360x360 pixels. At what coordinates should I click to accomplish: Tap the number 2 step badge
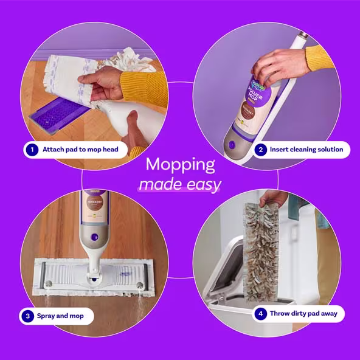click(260, 150)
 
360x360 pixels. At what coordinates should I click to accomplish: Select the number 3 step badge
click(27, 316)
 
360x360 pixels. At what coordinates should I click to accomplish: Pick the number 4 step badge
click(260, 314)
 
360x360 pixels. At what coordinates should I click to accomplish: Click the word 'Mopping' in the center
click(180, 165)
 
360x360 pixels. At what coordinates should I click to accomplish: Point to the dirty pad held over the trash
click(260, 249)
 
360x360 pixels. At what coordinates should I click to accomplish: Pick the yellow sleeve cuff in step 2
click(319, 58)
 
